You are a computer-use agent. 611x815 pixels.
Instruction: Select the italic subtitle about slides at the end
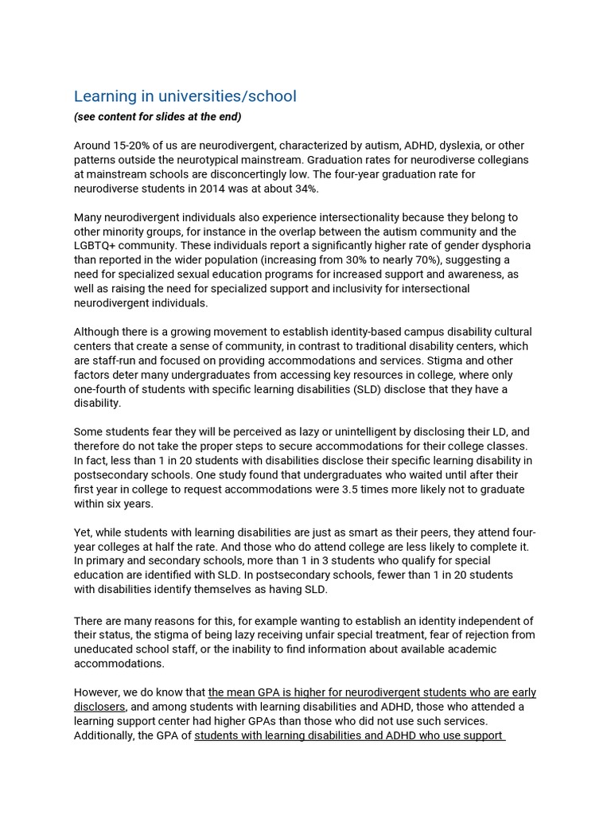pos(158,117)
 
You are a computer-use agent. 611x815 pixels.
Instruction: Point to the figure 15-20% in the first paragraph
pos(133,146)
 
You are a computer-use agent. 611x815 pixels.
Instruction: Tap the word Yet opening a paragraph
pos(84,532)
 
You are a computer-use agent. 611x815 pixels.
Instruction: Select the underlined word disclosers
pos(99,707)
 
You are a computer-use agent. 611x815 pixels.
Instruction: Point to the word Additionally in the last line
pos(105,735)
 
